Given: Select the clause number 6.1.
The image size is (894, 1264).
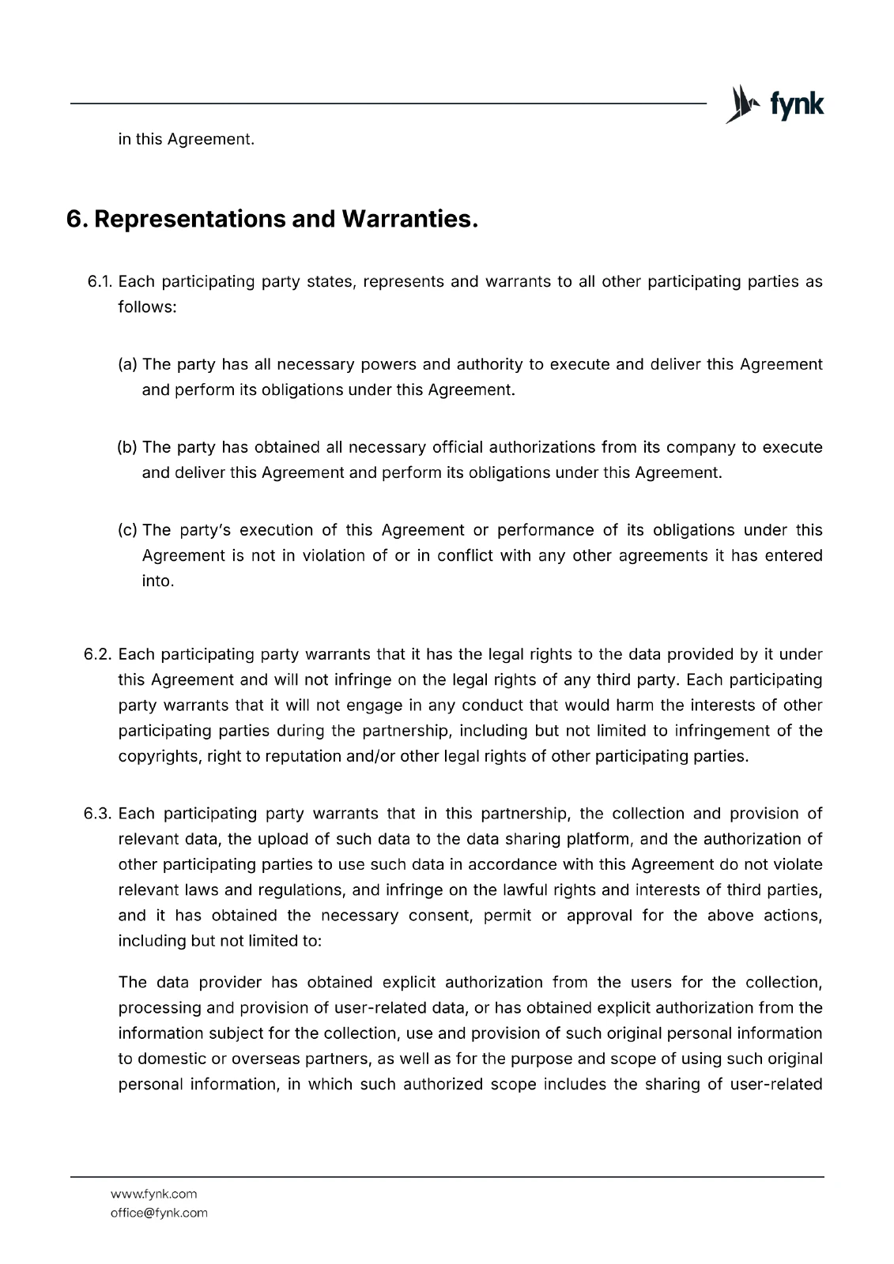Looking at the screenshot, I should pos(100,282).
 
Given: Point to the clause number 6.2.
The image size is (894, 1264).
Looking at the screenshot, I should pos(99,655).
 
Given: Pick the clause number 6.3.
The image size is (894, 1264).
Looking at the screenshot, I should pos(99,814).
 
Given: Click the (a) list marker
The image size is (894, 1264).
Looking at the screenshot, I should pos(128,365).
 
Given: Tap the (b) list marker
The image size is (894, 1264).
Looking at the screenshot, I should pos(128,448).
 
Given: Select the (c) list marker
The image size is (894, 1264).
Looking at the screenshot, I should pos(128,530).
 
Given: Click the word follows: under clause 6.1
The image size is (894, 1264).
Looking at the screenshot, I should pos(147,307).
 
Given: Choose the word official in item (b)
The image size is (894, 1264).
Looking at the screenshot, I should pos(457,448).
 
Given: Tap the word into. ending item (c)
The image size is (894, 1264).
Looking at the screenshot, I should pos(158,581).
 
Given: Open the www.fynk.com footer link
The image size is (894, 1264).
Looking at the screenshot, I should pos(153,1194).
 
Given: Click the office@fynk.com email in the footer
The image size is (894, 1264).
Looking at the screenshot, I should pos(159,1213).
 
